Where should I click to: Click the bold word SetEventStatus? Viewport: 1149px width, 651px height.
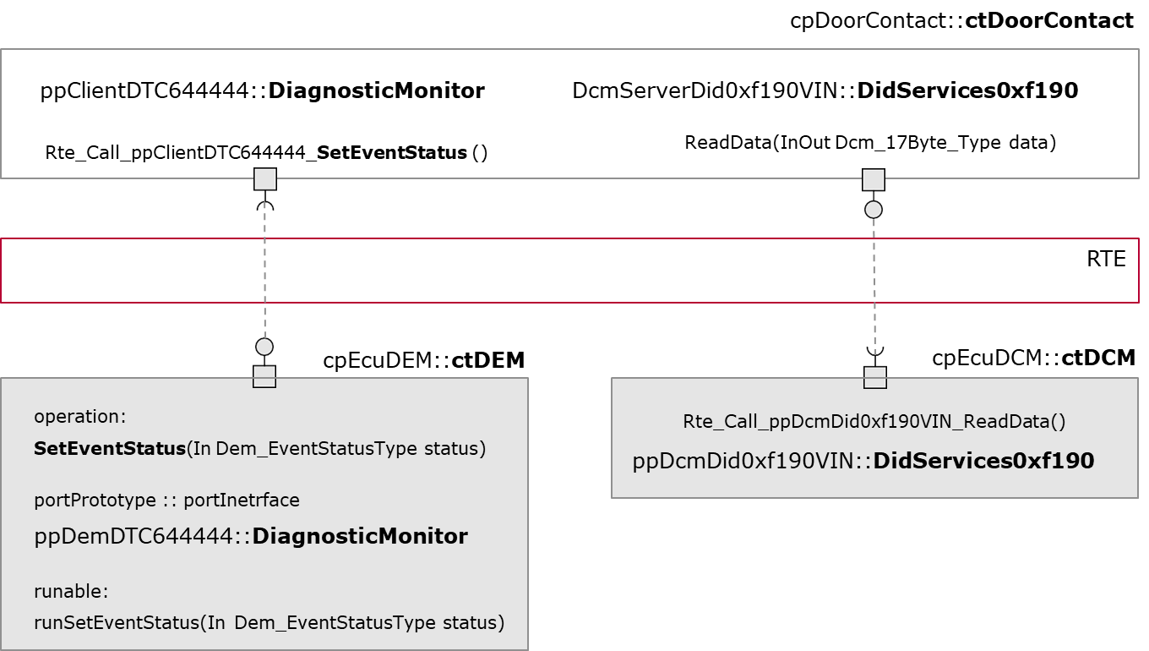[109, 449]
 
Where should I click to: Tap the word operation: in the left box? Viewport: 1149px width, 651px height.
[79, 417]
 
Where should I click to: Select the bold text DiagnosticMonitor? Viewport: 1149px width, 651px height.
[360, 536]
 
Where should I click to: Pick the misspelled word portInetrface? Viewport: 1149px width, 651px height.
[242, 501]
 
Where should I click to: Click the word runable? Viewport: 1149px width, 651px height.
[71, 591]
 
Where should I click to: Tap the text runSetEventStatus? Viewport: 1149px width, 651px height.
[117, 623]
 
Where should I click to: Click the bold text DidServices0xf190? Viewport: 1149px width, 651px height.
[983, 461]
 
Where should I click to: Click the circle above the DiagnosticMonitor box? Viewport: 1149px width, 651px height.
[264, 347]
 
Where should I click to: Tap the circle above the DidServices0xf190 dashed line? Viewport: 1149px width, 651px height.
[874, 210]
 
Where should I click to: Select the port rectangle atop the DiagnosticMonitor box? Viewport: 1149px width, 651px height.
[264, 377]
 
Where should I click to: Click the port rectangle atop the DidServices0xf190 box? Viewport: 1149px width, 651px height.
[875, 377]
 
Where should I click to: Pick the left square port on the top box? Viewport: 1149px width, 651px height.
[265, 179]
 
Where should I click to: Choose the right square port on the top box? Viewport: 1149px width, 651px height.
[874, 180]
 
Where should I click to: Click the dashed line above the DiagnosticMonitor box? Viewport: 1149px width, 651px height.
[265, 271]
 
